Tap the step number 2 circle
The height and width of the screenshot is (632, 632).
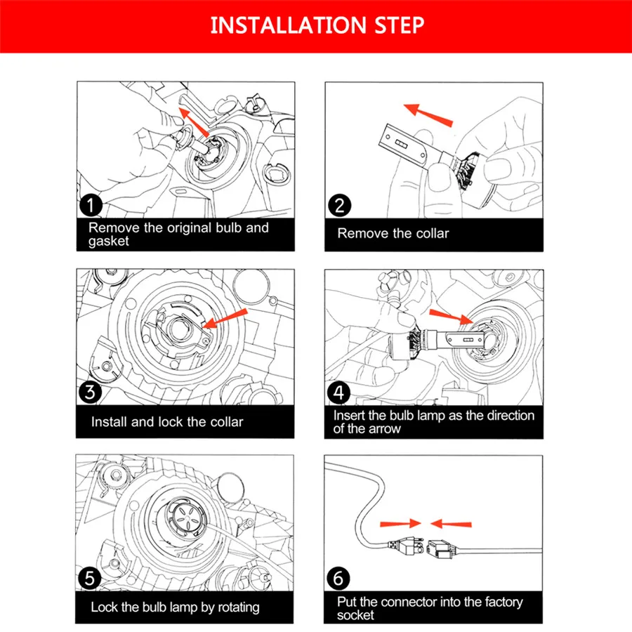tap(338, 206)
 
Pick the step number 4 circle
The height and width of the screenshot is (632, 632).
tap(338, 392)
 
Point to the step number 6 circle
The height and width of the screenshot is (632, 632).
tap(338, 579)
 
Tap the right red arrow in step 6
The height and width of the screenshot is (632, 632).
tap(451, 523)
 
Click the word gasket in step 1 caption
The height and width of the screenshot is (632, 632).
tap(110, 241)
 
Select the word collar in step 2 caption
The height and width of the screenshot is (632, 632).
tap(428, 233)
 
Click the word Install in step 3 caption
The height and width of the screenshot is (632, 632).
tap(109, 422)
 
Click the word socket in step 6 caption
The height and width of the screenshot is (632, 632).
tap(356, 615)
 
